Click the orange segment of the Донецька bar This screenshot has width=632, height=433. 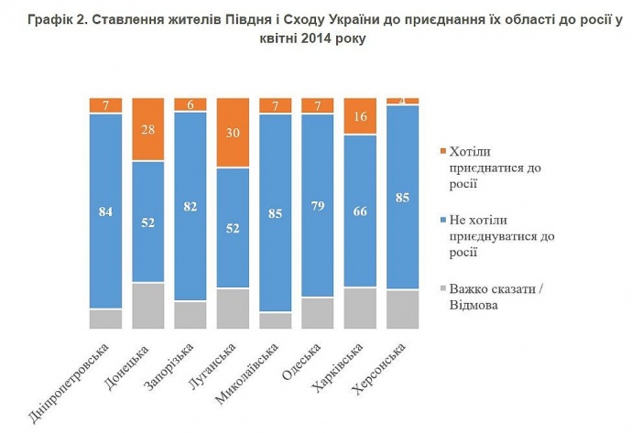148,129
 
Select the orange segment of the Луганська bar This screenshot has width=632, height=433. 233,133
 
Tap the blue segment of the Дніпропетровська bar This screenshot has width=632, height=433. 105,211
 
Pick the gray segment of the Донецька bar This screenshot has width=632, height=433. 148,305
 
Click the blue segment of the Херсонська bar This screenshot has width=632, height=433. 402,197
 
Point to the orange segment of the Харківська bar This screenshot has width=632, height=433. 359,116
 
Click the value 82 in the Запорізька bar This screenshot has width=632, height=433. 191,207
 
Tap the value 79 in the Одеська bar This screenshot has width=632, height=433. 317,206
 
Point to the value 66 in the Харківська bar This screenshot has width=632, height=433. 359,211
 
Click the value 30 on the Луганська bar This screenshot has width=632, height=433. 233,134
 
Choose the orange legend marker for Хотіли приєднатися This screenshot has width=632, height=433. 444,150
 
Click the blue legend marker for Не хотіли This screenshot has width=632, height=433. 444,219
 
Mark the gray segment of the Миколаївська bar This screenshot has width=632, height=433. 275,319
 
